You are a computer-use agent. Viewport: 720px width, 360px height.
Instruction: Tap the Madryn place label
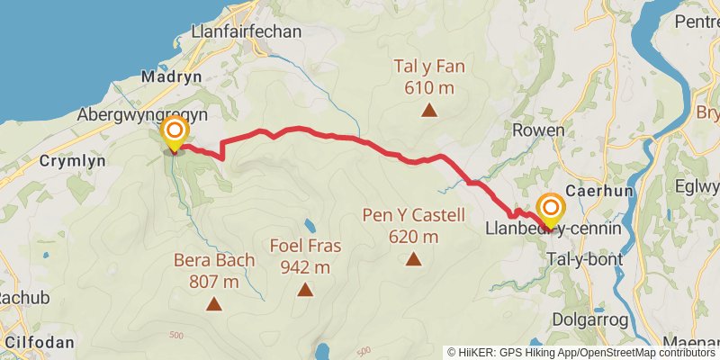[x=172, y=77]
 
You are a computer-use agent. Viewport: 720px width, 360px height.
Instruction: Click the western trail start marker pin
[x=174, y=136]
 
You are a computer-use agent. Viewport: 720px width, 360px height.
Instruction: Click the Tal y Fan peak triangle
[x=429, y=112]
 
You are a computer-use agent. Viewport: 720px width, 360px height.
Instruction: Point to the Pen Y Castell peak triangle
[x=413, y=260]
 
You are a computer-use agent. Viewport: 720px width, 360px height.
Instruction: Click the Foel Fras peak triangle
[x=306, y=290]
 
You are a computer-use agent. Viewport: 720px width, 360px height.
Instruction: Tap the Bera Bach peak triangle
[x=214, y=304]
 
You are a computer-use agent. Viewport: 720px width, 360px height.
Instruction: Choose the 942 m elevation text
[x=306, y=266]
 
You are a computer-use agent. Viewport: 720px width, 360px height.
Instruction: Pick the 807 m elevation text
[x=214, y=282]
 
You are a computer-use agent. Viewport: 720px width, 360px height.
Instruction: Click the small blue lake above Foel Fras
[x=310, y=225]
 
